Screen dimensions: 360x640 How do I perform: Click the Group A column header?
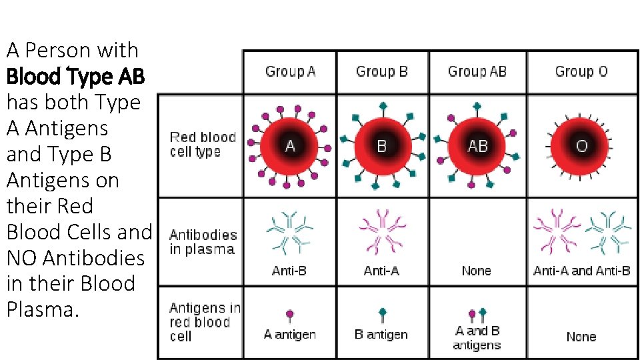pos(290,71)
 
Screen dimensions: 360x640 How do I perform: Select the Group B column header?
pos(382,71)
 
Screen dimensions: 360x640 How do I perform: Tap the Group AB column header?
pos(477,71)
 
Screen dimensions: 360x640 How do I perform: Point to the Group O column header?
pos(581,71)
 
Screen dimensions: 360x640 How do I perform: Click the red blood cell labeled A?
pos(290,145)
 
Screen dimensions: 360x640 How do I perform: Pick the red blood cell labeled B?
pos(382,145)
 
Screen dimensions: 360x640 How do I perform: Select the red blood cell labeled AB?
pos(477,145)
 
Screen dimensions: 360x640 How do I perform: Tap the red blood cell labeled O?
pos(581,145)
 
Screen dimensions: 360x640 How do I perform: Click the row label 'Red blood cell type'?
pos(203,145)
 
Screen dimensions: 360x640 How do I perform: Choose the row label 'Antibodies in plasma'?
pos(203,242)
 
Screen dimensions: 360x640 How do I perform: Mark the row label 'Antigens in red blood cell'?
pos(204,322)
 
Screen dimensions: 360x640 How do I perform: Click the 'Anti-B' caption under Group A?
pos(289,271)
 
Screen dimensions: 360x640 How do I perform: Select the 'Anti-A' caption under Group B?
pos(381,271)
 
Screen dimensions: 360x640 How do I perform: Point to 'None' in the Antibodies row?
pos(476,271)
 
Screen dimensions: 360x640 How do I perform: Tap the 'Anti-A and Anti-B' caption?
pos(581,271)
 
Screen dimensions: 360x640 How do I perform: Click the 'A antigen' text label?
pos(289,334)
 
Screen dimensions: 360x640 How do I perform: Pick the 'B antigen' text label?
pos(381,334)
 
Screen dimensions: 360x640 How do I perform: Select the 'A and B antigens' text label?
pos(477,338)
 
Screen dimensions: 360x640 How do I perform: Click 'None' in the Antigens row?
pos(581,337)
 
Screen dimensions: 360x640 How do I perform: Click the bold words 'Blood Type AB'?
pos(75,77)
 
